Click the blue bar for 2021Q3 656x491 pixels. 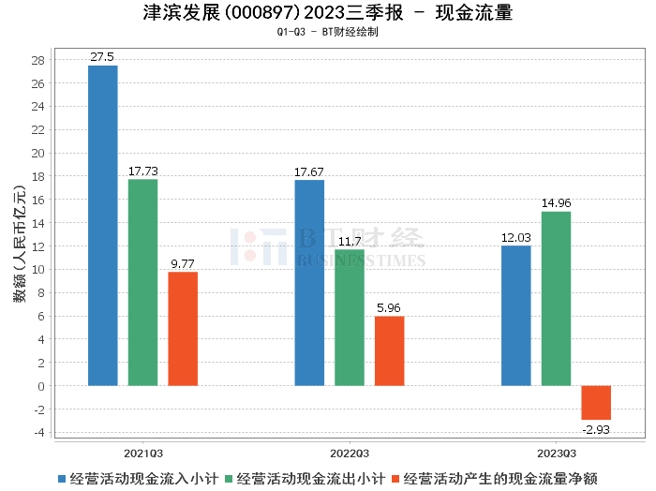[103, 225]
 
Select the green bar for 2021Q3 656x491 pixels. [142, 282]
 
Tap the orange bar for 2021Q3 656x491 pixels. [183, 328]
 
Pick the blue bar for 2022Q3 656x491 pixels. [309, 282]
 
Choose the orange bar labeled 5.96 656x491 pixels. [390, 350]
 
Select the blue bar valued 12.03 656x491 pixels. [516, 315]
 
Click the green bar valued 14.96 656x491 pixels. [556, 298]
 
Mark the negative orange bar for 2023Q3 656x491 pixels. [596, 402]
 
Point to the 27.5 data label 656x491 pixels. [102, 57]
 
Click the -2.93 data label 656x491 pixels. [596, 428]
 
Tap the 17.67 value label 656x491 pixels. [309, 171]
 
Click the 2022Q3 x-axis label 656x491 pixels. [350, 450]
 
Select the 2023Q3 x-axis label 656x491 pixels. [556, 450]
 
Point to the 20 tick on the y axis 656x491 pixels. [38, 153]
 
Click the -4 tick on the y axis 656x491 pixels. [38, 432]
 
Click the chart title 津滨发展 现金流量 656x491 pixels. [327, 13]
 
